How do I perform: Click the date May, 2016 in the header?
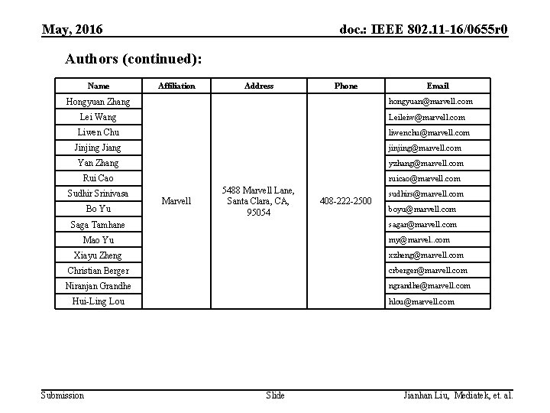pos(73,31)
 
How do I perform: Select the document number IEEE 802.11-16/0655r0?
pos(423,31)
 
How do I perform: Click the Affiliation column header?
pos(176,86)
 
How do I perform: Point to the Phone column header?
pos(346,86)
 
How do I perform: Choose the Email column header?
pos(438,86)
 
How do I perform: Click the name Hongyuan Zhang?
pos(98,102)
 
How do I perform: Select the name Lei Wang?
pos(98,117)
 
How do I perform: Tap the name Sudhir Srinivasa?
pos(98,193)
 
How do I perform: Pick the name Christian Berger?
pos(98,271)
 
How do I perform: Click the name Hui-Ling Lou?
pos(98,301)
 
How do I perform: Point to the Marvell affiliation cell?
pos(176,201)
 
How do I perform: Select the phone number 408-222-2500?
pos(346,201)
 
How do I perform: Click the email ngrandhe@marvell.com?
pos(429,285)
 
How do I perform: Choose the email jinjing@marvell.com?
pos(425,148)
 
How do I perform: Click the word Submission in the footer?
pos(62,395)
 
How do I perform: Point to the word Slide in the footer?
pos(275,395)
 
